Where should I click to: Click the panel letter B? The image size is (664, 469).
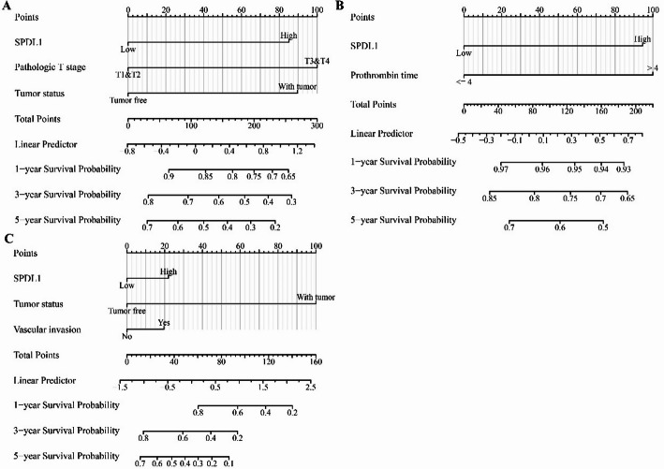tap(341, 7)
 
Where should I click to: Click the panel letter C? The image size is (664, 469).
tap(8, 239)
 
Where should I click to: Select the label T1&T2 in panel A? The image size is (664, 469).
tap(129, 74)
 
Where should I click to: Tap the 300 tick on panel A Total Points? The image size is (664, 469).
tap(317, 125)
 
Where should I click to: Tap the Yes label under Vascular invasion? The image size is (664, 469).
tap(163, 322)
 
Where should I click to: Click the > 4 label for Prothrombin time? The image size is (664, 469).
tap(652, 68)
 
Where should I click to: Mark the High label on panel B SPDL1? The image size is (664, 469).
tap(642, 39)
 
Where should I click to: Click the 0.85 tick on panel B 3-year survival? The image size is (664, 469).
tap(488, 199)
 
